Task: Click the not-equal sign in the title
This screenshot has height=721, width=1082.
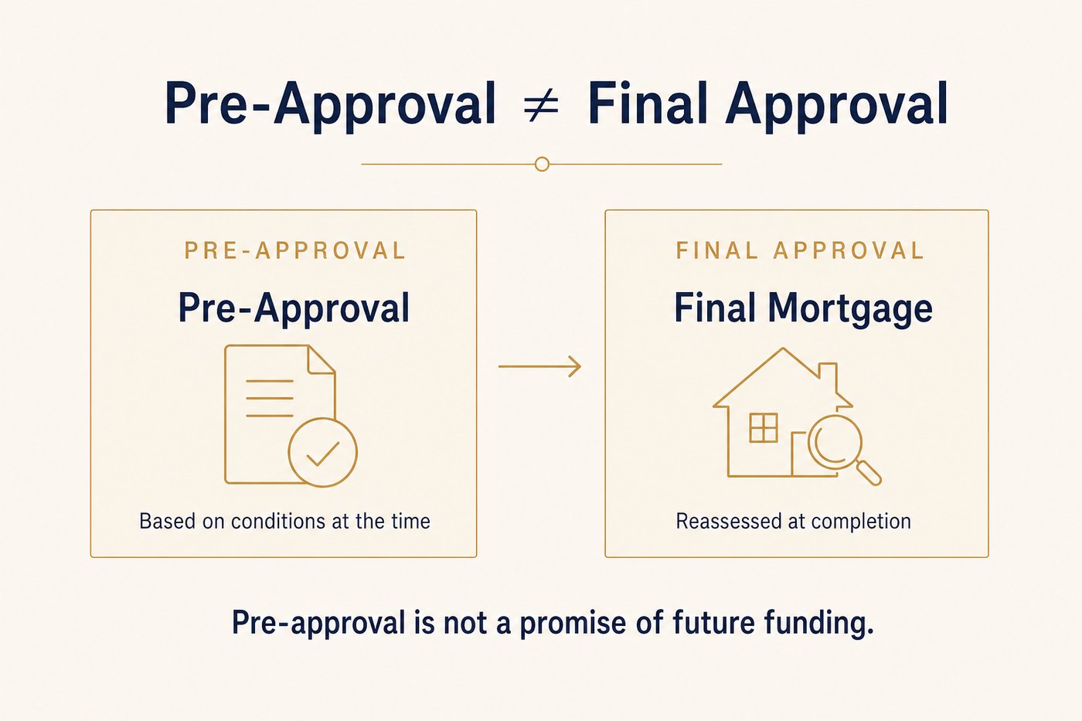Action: point(542,104)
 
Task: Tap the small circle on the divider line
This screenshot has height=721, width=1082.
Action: point(542,164)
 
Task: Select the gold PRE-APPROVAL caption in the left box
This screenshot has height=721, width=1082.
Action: point(294,250)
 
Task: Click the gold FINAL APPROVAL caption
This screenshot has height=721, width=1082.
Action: point(799,250)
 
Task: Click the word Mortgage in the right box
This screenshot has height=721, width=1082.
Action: point(851,310)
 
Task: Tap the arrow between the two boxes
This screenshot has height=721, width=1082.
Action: point(539,366)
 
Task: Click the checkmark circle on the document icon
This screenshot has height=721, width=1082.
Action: point(323,452)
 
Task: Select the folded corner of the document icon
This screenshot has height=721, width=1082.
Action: point(321,359)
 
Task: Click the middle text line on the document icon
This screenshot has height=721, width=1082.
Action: point(270,399)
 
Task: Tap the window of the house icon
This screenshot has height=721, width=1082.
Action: point(764,428)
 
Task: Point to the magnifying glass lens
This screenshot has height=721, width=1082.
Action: point(835,442)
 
